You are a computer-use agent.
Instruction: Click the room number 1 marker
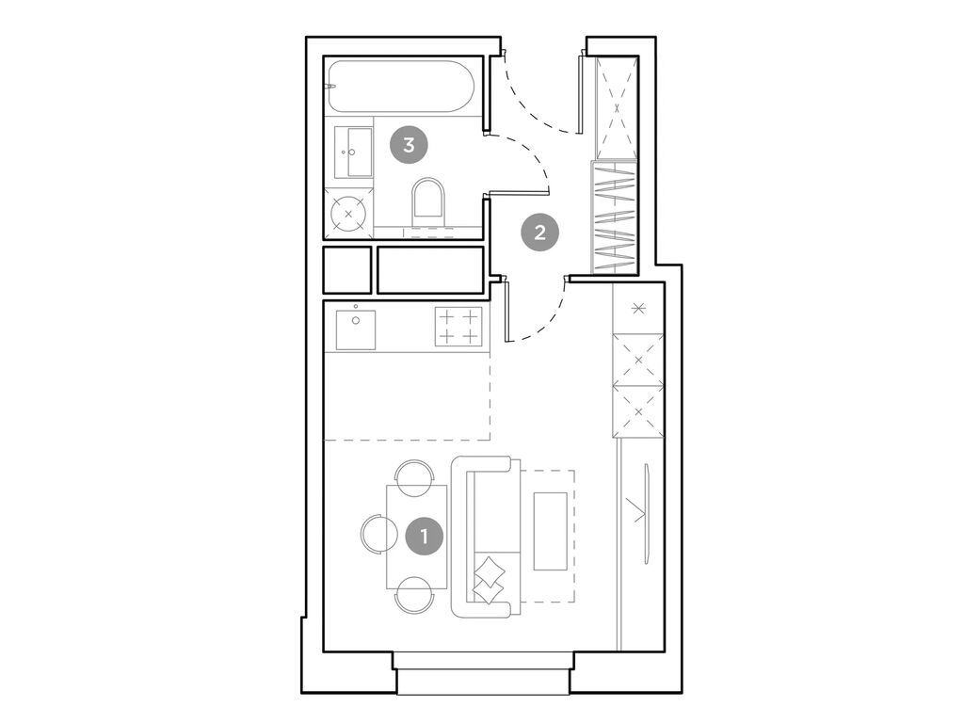click(424, 537)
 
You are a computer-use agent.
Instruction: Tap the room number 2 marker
click(539, 232)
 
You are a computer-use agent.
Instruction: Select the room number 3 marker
click(408, 145)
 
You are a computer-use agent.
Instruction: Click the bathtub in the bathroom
click(403, 88)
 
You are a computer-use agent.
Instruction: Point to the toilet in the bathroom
click(428, 202)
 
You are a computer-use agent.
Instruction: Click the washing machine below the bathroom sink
click(349, 213)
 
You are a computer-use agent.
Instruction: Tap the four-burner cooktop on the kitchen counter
click(458, 327)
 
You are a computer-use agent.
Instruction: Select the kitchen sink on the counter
click(356, 329)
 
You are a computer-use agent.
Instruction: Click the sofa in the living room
click(482, 537)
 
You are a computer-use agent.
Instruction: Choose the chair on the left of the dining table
click(372, 535)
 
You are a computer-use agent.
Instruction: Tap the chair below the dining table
click(414, 597)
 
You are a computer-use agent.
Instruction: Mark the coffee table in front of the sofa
click(551, 531)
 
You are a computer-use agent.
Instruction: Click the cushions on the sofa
click(490, 577)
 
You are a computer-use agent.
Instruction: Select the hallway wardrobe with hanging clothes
click(614, 218)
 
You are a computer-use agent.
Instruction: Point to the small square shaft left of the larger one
click(346, 269)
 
